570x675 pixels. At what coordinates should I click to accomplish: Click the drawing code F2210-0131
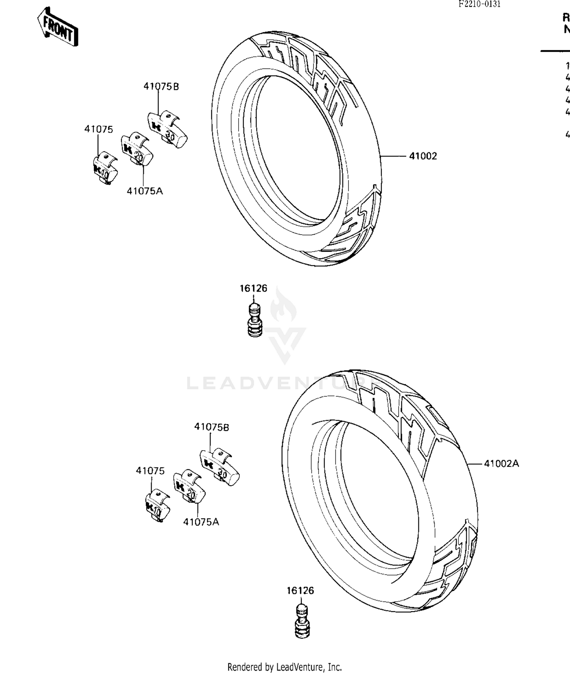click(x=479, y=4)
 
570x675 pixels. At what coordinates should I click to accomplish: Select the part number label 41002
click(x=423, y=156)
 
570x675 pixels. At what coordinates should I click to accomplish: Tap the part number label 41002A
click(x=501, y=464)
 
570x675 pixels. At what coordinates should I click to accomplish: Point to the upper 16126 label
click(x=253, y=289)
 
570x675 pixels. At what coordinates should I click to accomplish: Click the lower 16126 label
click(x=300, y=591)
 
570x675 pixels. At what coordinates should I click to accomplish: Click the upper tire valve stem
click(x=255, y=320)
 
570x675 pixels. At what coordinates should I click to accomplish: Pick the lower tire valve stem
click(x=302, y=622)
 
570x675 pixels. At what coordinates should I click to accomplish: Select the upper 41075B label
click(x=161, y=87)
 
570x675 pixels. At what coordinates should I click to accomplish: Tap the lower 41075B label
click(x=212, y=427)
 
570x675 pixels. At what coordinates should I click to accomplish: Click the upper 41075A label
click(x=145, y=191)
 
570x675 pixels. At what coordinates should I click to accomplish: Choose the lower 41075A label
click(x=201, y=522)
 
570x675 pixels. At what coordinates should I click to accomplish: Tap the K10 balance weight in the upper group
click(x=105, y=169)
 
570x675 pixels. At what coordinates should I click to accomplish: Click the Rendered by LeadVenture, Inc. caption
click(x=285, y=667)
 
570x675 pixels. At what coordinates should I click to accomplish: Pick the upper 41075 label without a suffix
click(x=99, y=129)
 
